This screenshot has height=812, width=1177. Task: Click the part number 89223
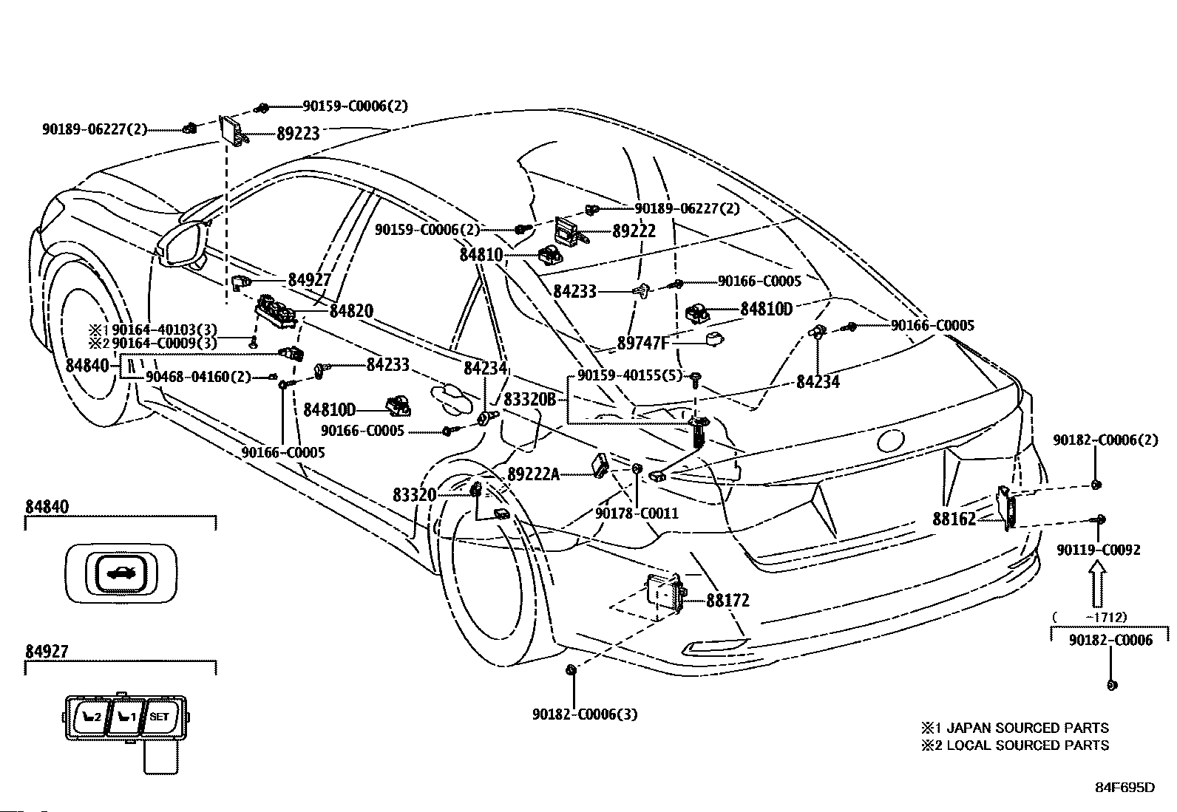pyautogui.click(x=298, y=134)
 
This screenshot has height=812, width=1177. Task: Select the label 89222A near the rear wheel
pyautogui.click(x=533, y=474)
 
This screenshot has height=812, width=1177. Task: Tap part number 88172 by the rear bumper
pyautogui.click(x=727, y=601)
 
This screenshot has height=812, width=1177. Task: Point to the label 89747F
pyautogui.click(x=643, y=343)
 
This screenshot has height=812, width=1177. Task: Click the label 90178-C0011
pyautogui.click(x=637, y=514)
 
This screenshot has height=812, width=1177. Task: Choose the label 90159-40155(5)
pyautogui.click(x=629, y=375)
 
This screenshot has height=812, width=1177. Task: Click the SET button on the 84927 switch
pyautogui.click(x=159, y=717)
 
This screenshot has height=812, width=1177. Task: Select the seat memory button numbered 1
pyautogui.click(x=126, y=717)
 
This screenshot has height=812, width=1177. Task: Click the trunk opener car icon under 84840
pyautogui.click(x=121, y=573)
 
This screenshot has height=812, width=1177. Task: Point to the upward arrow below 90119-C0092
pyautogui.click(x=1098, y=584)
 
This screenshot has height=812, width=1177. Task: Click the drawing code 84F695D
pyautogui.click(x=1125, y=788)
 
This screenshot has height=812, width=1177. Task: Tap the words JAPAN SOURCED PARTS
pyautogui.click(x=1027, y=728)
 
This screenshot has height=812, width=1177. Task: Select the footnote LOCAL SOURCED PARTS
pyautogui.click(x=1027, y=746)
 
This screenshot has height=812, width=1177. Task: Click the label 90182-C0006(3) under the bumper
pyautogui.click(x=585, y=714)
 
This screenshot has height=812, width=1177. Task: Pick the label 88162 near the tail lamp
pyautogui.click(x=954, y=519)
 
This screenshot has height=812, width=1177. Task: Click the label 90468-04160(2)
pyautogui.click(x=198, y=377)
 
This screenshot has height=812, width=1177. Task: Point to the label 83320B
pyautogui.click(x=529, y=400)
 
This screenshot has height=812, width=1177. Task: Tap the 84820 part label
pyautogui.click(x=351, y=311)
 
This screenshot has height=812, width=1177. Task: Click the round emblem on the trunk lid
pyautogui.click(x=889, y=440)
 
